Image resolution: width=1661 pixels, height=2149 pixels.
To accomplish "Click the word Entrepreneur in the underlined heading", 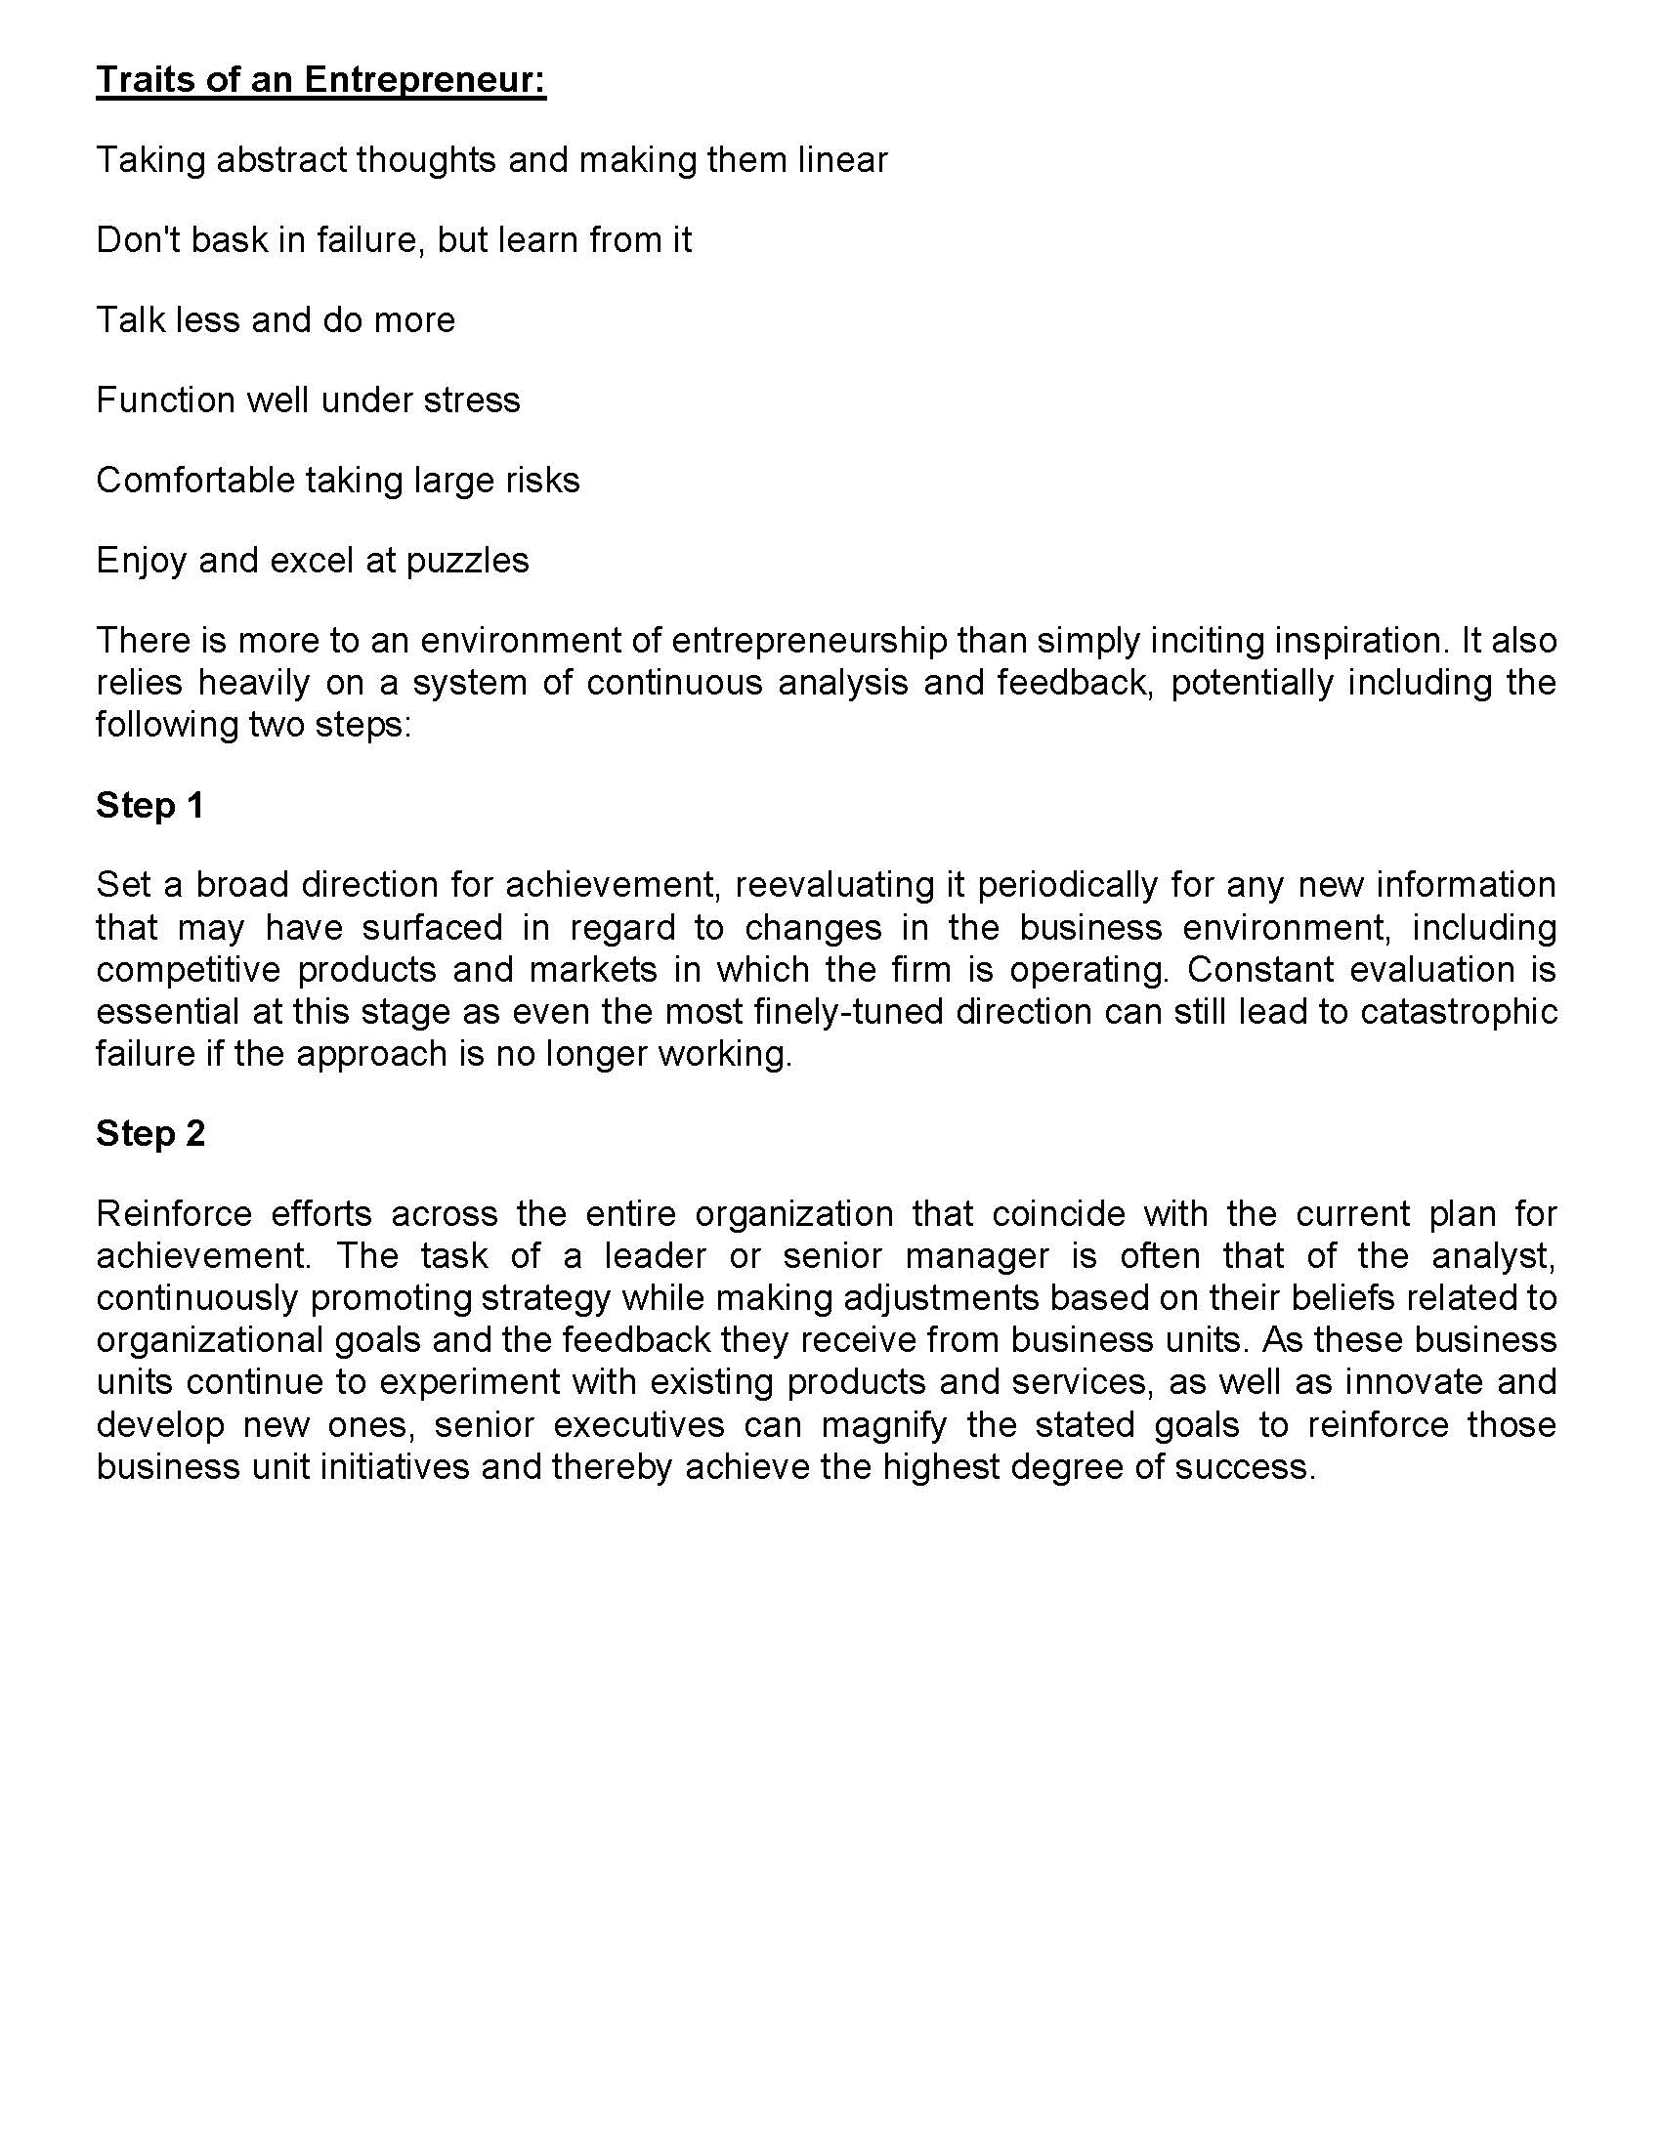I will point(424,80).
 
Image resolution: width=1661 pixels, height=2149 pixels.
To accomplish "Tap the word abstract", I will point(280,159).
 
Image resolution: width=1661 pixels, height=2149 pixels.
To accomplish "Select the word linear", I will point(842,159).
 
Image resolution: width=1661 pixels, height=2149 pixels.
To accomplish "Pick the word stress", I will point(471,400).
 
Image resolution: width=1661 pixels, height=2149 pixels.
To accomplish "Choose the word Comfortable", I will point(194,481).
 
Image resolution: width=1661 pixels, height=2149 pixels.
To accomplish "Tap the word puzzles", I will point(467,561).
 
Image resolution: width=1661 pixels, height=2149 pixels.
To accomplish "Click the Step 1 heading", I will point(149,805).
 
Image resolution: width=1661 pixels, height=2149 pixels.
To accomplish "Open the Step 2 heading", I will point(149,1133).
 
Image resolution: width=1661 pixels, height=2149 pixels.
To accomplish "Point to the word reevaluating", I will point(834,885).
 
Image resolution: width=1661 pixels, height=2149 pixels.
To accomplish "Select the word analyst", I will point(1493,1255).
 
